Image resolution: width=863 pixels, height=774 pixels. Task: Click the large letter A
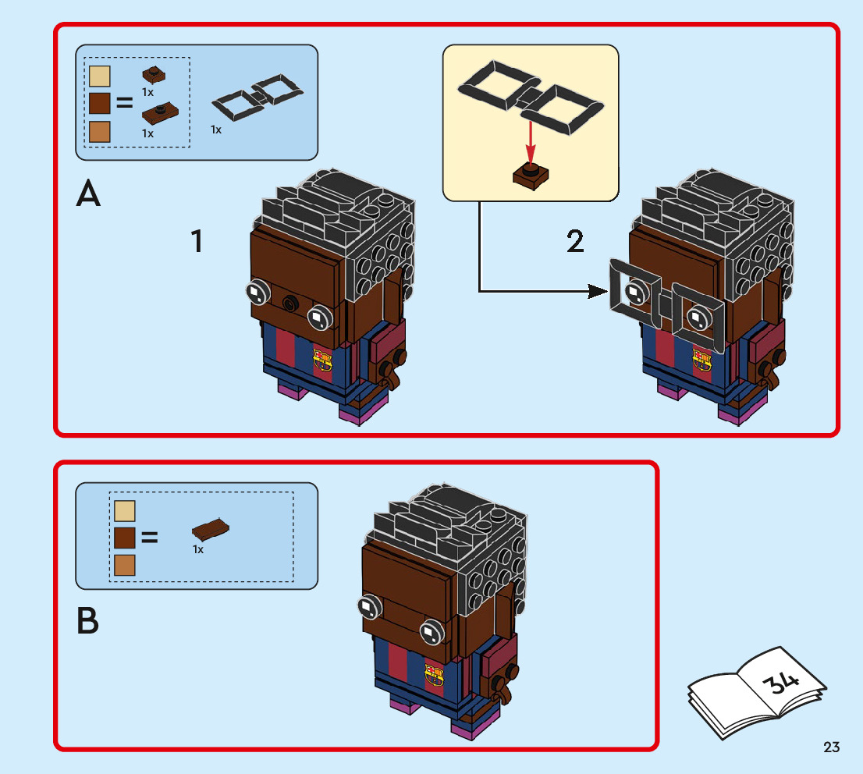pyautogui.click(x=88, y=193)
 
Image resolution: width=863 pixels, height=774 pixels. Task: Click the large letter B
pyautogui.click(x=87, y=620)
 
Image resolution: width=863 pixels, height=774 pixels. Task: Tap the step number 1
pyautogui.click(x=197, y=241)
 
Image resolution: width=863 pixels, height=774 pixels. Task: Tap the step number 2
pyautogui.click(x=575, y=241)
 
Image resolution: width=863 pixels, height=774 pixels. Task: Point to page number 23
pyautogui.click(x=831, y=747)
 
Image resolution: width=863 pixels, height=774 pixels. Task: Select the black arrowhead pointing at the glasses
pyautogui.click(x=598, y=291)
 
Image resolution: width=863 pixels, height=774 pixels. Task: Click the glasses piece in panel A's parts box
pyautogui.click(x=257, y=97)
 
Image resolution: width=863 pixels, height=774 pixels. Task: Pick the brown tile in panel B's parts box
pyautogui.click(x=210, y=528)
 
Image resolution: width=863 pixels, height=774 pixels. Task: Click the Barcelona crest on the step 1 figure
pyautogui.click(x=322, y=360)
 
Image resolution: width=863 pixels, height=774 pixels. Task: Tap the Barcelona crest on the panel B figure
pyautogui.click(x=434, y=676)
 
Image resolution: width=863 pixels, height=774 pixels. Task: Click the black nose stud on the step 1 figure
pyautogui.click(x=290, y=302)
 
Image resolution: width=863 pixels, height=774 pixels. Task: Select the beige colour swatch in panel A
pyautogui.click(x=100, y=76)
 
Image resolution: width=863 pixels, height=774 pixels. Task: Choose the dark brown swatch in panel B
pyautogui.click(x=125, y=538)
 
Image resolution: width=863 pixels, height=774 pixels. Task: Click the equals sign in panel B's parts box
pyautogui.click(x=150, y=538)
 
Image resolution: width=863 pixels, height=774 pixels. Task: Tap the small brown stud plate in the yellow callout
pyautogui.click(x=531, y=176)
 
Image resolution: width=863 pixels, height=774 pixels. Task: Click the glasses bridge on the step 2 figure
pyautogui.click(x=666, y=304)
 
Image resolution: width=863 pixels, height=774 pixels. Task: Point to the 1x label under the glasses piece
pyautogui.click(x=215, y=130)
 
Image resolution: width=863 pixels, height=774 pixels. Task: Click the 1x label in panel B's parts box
pyautogui.click(x=198, y=549)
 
